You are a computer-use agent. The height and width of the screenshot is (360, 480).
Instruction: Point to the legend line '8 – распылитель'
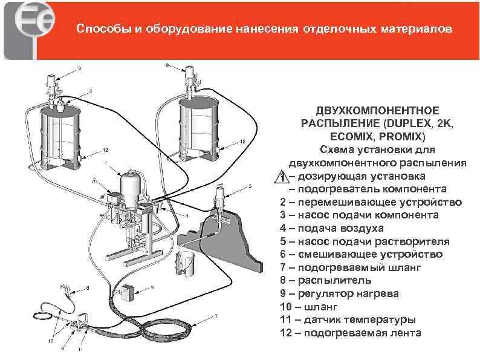point(324,280)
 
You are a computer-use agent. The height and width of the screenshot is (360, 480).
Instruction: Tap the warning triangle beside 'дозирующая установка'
point(281,176)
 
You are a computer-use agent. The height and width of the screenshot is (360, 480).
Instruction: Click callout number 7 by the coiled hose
point(216,316)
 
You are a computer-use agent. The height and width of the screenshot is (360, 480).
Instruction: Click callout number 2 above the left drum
point(91,91)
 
